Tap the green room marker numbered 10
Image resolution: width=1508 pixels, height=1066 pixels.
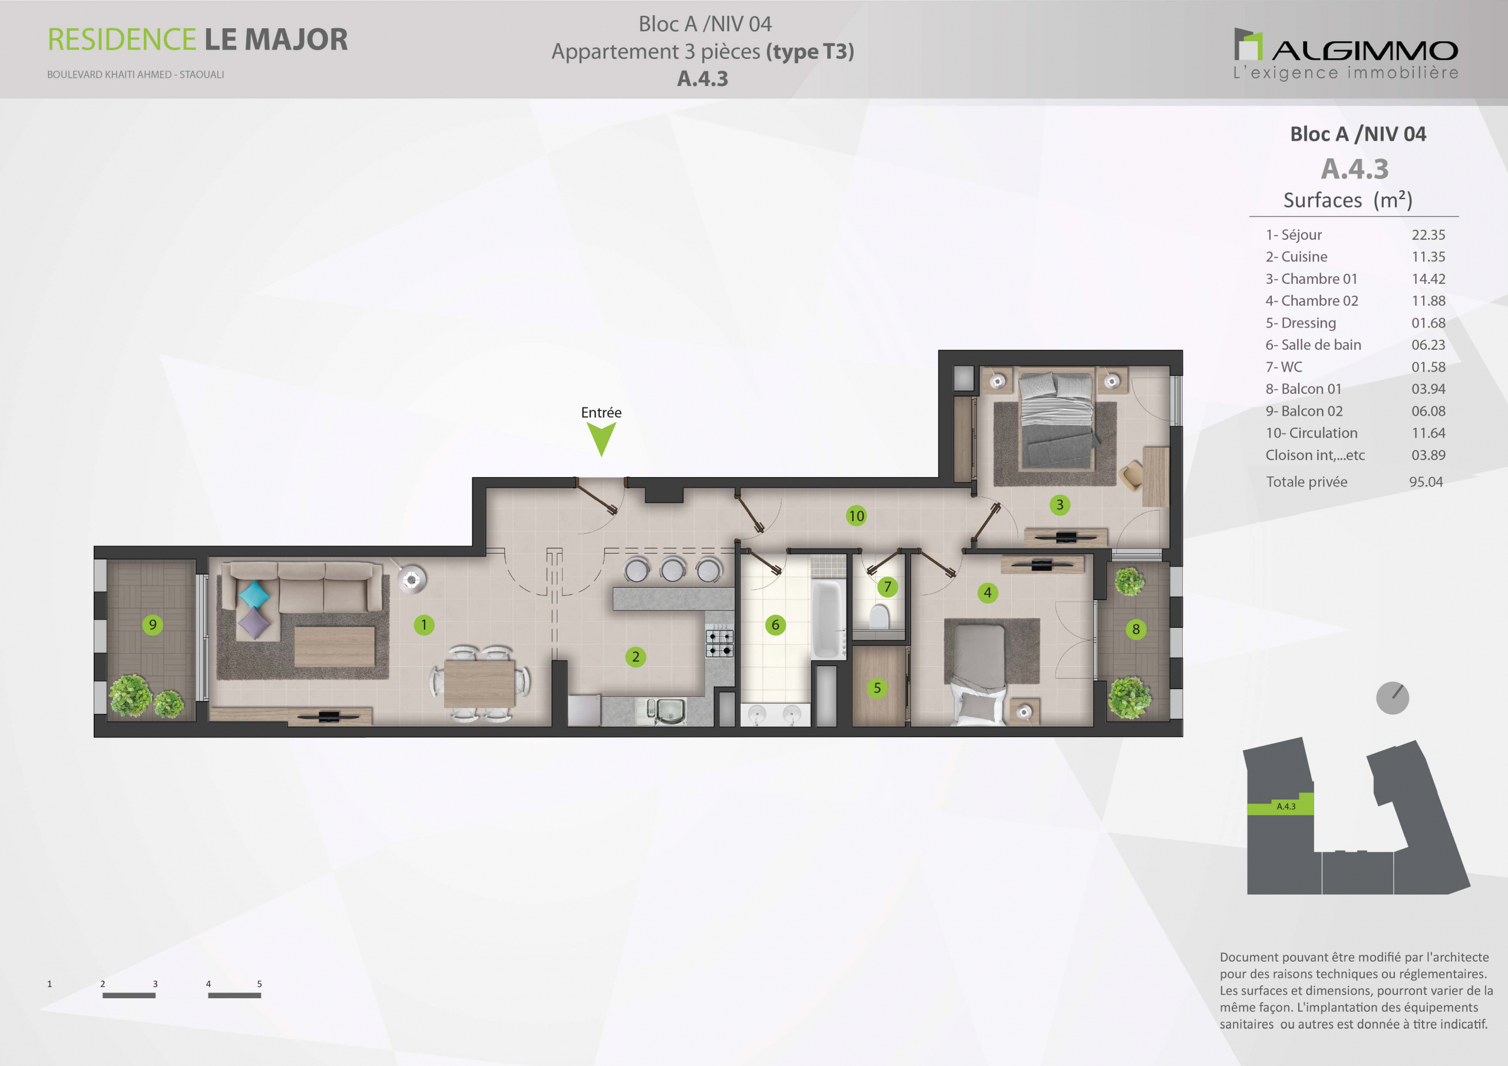[856, 515]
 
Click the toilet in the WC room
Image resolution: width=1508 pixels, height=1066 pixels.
[879, 617]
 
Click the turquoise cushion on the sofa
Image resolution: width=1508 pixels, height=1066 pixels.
[253, 594]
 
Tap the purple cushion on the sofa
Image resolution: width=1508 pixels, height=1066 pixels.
[253, 623]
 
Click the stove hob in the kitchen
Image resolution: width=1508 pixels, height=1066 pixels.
[719, 643]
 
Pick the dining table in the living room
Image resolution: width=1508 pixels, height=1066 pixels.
[479, 683]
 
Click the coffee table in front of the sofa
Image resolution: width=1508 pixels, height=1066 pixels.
[335, 646]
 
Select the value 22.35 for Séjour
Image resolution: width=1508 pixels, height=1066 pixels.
[1428, 234]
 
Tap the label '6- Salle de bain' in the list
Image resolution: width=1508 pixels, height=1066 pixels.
[1313, 345]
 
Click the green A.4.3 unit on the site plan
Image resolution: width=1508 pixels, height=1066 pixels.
[1280, 805]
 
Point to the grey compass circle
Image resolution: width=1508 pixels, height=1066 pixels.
[1393, 697]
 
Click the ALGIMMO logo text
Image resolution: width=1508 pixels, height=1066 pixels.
[1365, 51]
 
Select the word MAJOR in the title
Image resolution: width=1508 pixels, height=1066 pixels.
[296, 39]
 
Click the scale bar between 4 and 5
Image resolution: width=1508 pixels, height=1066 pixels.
[234, 995]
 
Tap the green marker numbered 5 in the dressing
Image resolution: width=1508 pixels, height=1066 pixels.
[877, 688]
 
